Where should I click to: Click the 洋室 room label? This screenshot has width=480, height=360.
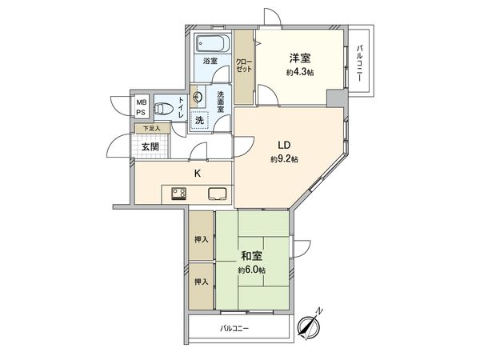pos(300,57)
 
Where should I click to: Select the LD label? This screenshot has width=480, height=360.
pos(283,145)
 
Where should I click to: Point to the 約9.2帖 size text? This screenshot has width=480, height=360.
pos(283,159)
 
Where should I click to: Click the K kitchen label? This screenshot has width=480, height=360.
pos(197,173)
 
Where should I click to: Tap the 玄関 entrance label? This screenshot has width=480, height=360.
pos(150,146)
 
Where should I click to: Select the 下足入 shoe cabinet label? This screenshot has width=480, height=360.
pos(151,128)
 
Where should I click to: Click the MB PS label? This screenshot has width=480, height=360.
pos(141,107)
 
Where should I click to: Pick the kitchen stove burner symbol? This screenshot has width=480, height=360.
pos(178,193)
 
